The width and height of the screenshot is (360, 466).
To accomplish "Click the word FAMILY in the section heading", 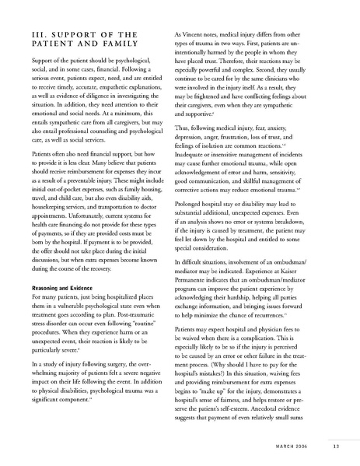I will click(x=132, y=49).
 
